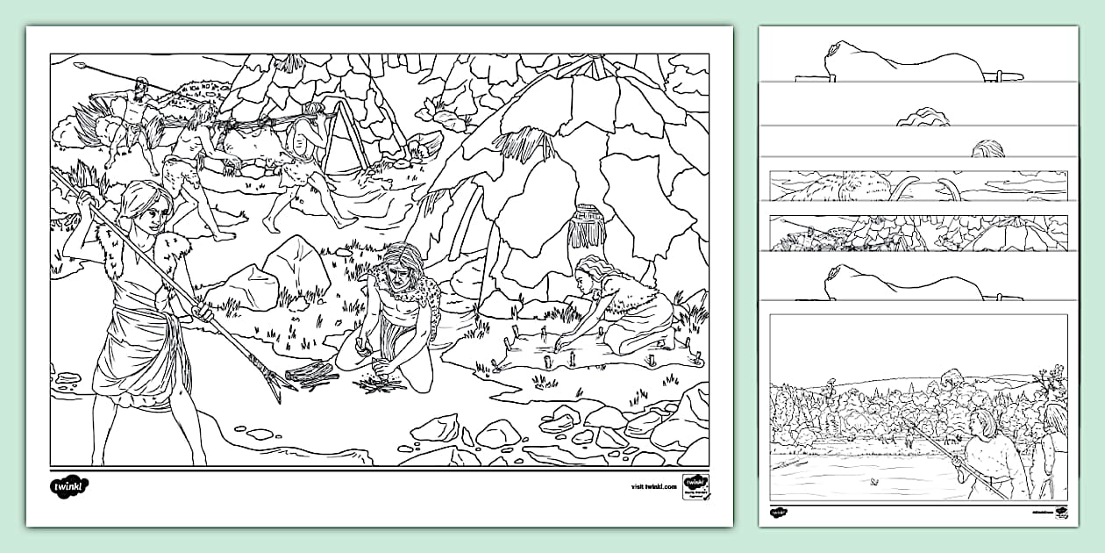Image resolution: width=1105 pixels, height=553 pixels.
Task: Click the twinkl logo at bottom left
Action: (69, 485)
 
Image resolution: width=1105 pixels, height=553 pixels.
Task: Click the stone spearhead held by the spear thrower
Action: (80, 65)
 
